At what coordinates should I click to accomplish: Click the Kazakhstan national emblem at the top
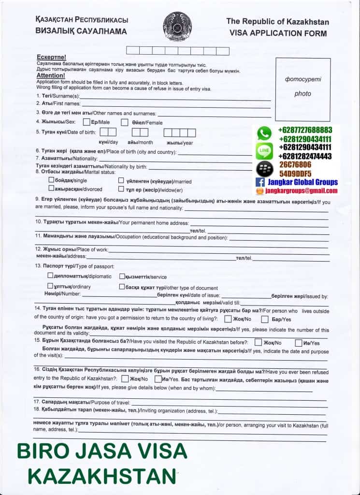pyautogui.click(x=177, y=25)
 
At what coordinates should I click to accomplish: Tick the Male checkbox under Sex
pyautogui.click(x=86, y=122)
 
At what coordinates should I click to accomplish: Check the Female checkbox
pyautogui.click(x=124, y=122)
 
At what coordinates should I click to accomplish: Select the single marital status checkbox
pyautogui.click(x=51, y=180)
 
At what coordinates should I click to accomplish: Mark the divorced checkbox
pyautogui.click(x=51, y=188)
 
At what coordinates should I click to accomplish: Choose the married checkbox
pyautogui.click(x=121, y=181)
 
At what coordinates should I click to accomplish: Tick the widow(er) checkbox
pyautogui.click(x=121, y=189)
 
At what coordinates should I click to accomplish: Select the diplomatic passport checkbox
pyautogui.click(x=50, y=276)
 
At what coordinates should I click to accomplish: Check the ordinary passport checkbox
pyautogui.click(x=50, y=286)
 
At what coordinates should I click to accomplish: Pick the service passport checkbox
pyautogui.click(x=121, y=276)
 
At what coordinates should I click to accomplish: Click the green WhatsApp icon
pyautogui.click(x=264, y=133)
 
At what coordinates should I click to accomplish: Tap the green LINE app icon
pyautogui.click(x=264, y=151)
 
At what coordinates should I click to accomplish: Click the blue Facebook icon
pyautogui.click(x=259, y=183)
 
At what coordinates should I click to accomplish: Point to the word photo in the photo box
pyautogui.click(x=302, y=94)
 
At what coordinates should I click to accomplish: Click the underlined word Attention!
pyautogui.click(x=50, y=75)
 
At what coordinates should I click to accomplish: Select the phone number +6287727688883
pyautogui.click(x=305, y=130)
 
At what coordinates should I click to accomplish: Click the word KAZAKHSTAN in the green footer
pyautogui.click(x=102, y=476)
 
